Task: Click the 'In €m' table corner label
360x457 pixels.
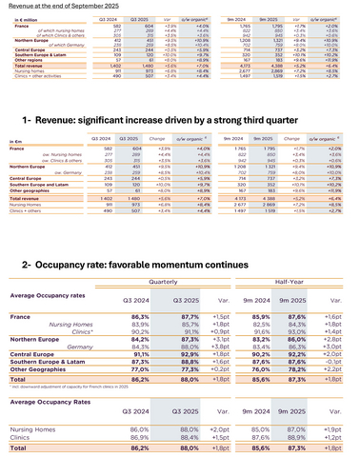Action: (x=16, y=139)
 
